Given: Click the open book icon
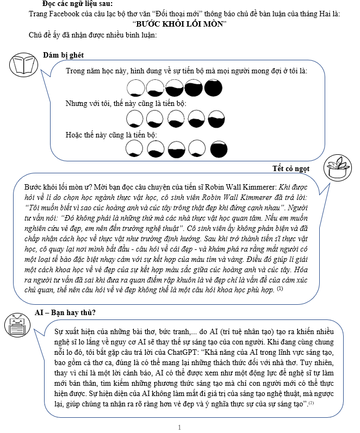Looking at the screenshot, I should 23,65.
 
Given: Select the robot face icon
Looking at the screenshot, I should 16,327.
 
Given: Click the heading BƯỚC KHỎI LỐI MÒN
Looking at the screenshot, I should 180,24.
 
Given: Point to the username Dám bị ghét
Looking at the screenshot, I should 63,55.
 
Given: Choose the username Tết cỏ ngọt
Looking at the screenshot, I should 290,168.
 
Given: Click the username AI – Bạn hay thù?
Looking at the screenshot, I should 61,312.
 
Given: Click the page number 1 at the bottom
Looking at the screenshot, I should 179,428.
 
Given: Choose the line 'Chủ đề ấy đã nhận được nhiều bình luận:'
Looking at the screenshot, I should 93,35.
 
